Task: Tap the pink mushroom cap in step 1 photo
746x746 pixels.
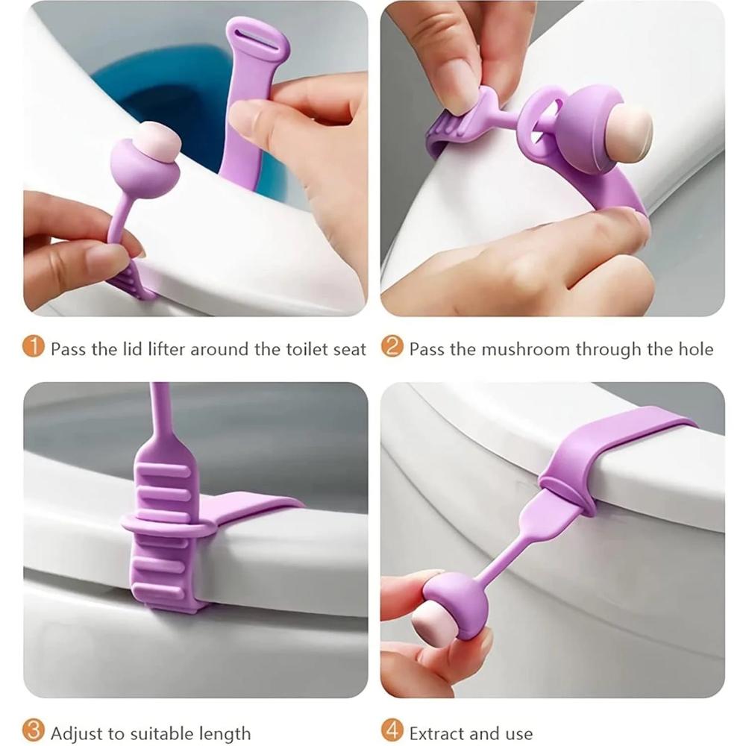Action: (154, 140)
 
